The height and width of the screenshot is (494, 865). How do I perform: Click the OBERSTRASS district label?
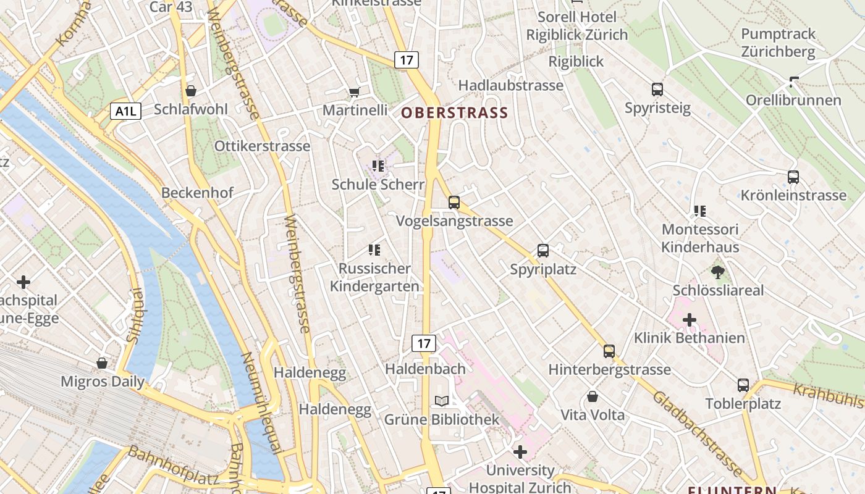[454, 113]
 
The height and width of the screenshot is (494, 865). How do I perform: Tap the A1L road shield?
[126, 111]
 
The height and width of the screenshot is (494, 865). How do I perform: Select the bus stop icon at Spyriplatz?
[543, 251]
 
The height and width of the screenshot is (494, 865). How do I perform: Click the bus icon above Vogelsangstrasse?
[454, 203]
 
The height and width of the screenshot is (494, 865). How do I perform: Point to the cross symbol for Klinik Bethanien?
[690, 320]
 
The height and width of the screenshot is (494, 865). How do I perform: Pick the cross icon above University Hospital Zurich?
[520, 452]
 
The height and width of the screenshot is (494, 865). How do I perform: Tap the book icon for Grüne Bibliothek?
[442, 401]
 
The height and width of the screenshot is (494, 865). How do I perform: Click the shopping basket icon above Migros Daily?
[102, 363]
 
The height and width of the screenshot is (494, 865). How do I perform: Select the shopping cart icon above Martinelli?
[354, 92]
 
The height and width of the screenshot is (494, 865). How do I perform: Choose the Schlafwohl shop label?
[190, 109]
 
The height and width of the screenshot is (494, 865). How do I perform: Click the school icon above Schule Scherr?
[378, 165]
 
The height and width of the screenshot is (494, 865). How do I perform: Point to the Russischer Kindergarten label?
[374, 277]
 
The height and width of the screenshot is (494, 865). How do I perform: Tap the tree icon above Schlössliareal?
[718, 272]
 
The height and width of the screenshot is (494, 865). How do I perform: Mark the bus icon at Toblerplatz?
[743, 385]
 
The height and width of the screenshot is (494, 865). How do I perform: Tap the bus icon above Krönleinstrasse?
[793, 177]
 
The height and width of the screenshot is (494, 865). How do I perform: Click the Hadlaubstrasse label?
[511, 85]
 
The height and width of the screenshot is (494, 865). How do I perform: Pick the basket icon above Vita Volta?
[593, 396]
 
